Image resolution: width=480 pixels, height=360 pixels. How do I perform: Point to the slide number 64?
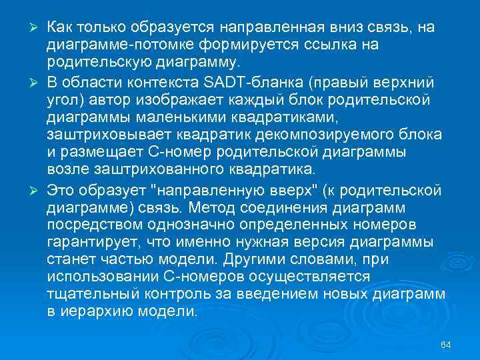click(x=446, y=344)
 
